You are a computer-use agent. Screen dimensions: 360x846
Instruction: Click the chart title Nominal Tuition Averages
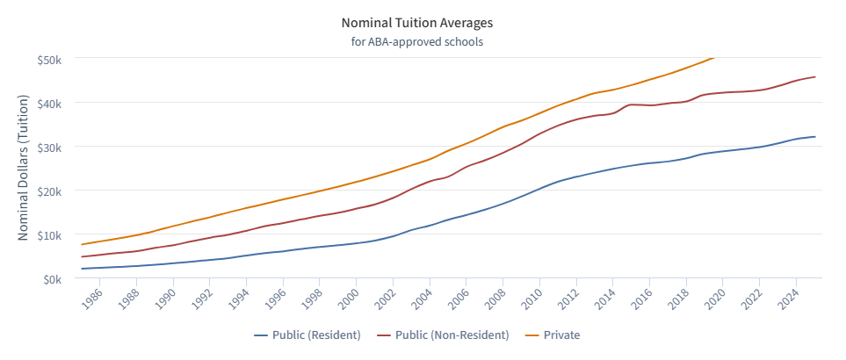tap(423, 21)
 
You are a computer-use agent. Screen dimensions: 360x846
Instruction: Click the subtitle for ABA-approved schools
tap(423, 40)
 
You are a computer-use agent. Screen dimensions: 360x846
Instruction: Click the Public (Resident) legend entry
tap(307, 335)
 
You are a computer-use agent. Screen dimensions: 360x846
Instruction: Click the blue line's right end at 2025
tap(815, 136)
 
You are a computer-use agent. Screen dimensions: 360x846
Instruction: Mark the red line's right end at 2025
tap(815, 76)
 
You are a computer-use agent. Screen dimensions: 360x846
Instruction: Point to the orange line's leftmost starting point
tap(82, 244)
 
